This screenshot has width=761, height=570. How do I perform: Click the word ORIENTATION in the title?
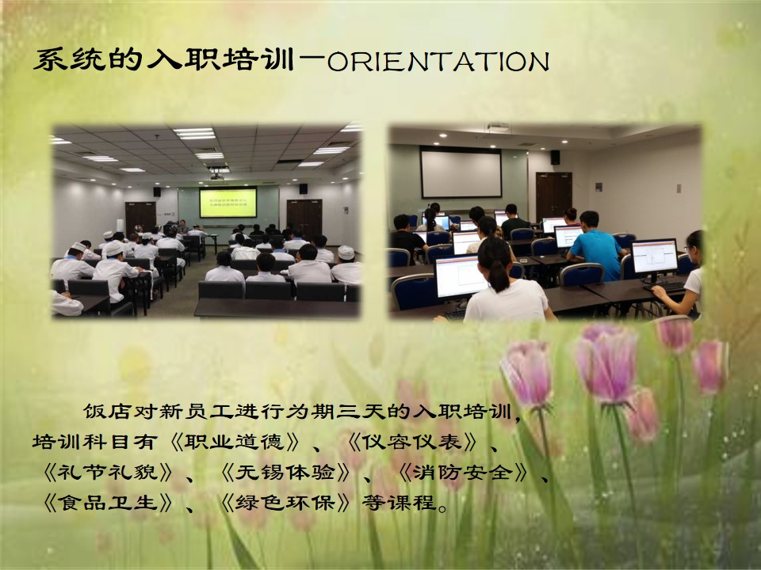click(438, 62)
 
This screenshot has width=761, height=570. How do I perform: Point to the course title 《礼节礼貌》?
click(108, 472)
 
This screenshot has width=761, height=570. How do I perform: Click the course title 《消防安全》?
click(462, 472)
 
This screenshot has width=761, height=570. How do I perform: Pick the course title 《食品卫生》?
click(108, 503)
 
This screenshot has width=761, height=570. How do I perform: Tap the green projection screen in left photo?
click(228, 202)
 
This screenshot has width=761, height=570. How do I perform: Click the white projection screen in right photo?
click(461, 173)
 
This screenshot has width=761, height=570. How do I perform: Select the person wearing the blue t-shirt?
click(596, 246)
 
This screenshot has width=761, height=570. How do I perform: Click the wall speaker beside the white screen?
click(555, 157)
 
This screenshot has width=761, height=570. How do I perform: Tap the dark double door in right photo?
click(554, 197)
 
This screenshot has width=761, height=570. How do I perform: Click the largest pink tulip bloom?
click(606, 362)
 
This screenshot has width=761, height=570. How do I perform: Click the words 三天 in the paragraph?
click(361, 412)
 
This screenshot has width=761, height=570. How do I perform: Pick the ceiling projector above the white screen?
click(499, 127)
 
